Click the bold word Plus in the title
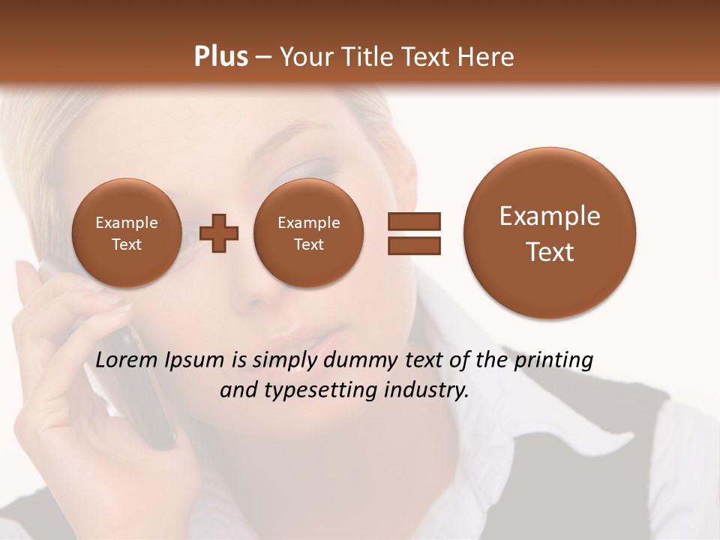(220, 57)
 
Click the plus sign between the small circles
(219, 233)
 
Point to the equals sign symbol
(413, 233)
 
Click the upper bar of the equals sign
(413, 221)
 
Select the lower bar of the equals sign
(413, 245)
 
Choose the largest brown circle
(550, 233)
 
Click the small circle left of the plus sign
(126, 233)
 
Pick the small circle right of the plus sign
(308, 233)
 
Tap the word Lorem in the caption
(127, 361)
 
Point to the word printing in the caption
(553, 361)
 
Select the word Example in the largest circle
(550, 216)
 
